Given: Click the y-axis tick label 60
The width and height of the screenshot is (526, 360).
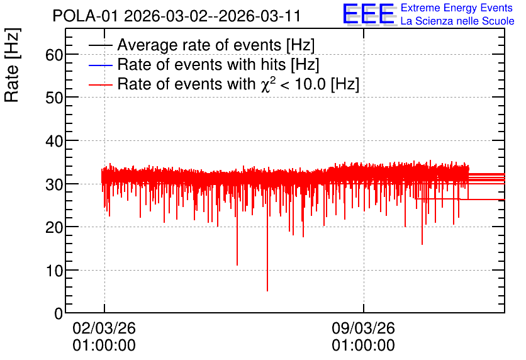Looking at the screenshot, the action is coord(54,55).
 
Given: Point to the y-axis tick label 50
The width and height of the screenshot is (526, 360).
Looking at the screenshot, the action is coord(54,98).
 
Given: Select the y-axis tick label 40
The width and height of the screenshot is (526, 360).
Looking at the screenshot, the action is coord(54,141).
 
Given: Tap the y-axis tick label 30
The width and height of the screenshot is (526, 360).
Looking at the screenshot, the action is coord(54,184).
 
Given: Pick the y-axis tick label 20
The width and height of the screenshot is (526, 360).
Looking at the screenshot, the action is coord(54,227).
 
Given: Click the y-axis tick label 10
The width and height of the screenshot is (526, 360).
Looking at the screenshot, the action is coord(54,271).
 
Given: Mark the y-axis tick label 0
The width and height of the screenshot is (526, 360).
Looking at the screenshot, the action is coord(59,313).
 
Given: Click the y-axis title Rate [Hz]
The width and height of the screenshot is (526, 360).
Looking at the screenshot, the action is coord(12,65).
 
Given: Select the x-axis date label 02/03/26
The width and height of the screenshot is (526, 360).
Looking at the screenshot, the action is coord(104,328).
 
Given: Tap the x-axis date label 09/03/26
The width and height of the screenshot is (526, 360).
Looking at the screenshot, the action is coord(363,328).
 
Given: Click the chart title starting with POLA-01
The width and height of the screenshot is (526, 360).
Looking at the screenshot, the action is coord(177,16).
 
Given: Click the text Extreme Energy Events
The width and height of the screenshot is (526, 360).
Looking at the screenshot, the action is coord(457,8).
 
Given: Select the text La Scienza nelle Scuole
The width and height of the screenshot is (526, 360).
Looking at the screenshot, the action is coord(457,21).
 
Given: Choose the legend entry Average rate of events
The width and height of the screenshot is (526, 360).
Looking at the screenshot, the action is coord(216,45).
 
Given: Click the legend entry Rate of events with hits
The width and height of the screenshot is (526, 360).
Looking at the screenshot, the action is coord(218,64).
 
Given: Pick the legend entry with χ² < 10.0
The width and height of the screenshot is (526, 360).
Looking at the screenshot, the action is coord(238,84).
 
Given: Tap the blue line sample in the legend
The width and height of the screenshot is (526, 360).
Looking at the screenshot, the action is coord(101,65).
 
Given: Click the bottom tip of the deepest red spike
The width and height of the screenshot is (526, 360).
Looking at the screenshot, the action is coord(267,291).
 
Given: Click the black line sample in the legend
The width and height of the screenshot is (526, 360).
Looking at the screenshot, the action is coord(101,45).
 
